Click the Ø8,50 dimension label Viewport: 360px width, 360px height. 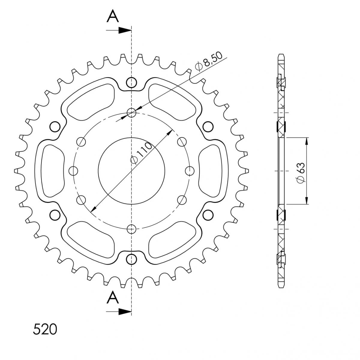(209, 62)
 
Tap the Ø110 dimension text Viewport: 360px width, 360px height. (141, 153)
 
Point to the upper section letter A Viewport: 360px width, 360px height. (113, 16)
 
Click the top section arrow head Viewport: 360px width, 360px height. (125, 30)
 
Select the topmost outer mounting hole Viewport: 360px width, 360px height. (131, 82)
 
